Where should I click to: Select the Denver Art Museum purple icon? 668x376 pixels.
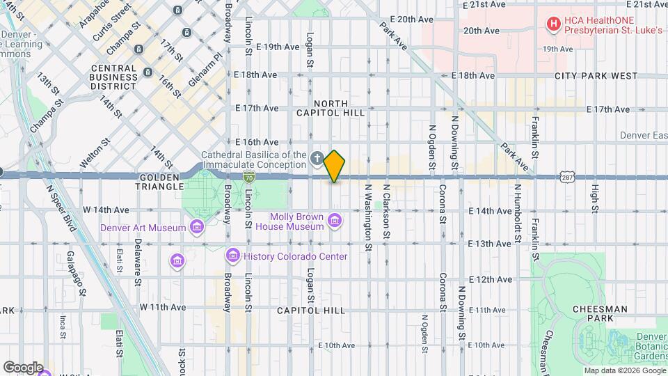point(197,227)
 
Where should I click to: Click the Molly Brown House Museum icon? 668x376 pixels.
point(335,221)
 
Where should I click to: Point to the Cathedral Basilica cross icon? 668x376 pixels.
point(317,159)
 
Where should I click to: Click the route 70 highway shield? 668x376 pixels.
point(248,178)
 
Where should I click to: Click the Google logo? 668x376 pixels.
point(22,367)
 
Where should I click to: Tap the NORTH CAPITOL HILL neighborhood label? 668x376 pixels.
point(331,108)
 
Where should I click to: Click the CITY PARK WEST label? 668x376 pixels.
point(596,75)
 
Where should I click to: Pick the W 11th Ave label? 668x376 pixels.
point(163,306)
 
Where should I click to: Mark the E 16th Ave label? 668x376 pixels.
point(257,142)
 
